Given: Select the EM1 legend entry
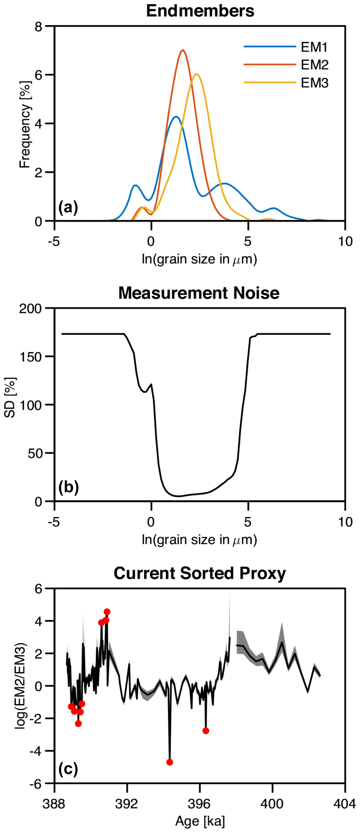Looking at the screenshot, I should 314,47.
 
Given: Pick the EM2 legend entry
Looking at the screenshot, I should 314,65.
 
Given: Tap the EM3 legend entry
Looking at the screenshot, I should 314,83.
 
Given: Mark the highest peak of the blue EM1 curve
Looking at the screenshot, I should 176,117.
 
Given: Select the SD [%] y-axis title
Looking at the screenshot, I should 10,398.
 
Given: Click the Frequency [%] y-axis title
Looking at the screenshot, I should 25,124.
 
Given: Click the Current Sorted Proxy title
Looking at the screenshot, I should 200,573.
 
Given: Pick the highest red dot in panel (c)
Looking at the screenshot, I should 107,612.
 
